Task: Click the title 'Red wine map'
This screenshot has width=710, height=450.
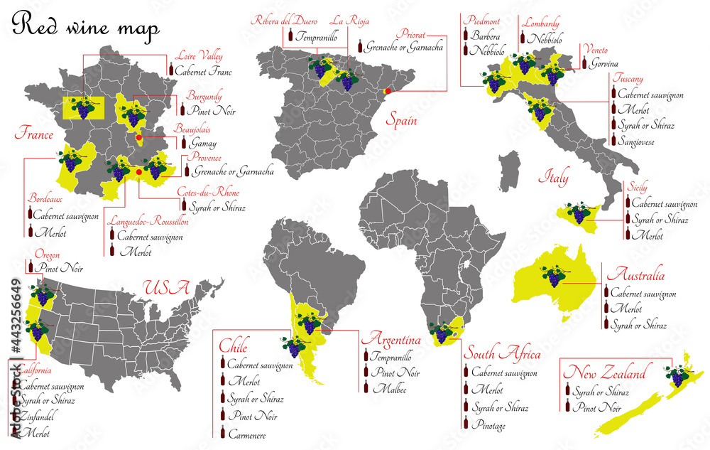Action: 86,26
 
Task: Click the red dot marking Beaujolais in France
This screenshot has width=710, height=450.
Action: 139,137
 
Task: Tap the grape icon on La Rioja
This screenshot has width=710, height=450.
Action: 346,80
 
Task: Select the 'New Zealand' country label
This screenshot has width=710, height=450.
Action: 604,373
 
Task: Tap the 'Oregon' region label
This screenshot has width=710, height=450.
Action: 47,255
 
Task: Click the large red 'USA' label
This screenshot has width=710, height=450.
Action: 166,289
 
